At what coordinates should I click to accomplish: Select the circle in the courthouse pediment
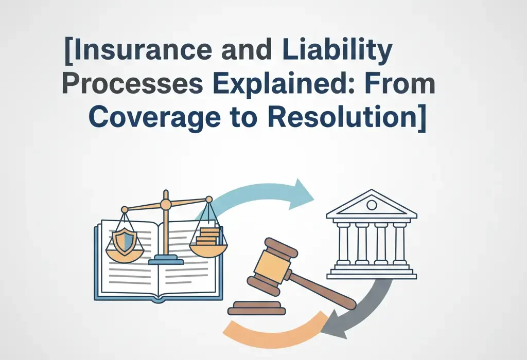click(371, 205)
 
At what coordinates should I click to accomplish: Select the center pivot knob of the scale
click(166, 204)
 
